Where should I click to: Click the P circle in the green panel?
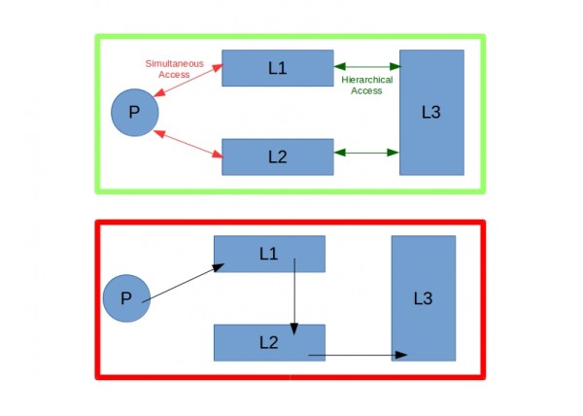pyautogui.click(x=134, y=112)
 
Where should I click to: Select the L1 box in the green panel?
pyautogui.click(x=278, y=68)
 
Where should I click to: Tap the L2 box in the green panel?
pyautogui.click(x=278, y=156)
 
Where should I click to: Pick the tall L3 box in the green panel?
pyautogui.click(x=431, y=112)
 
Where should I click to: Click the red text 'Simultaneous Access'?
pyautogui.click(x=175, y=68)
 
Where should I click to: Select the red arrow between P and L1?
pyautogui.click(x=189, y=82)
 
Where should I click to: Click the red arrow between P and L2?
pyautogui.click(x=189, y=143)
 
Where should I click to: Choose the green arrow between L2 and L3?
pyautogui.click(x=366, y=153)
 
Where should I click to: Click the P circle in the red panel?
pyautogui.click(x=126, y=298)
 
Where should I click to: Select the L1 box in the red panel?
pyautogui.click(x=269, y=254)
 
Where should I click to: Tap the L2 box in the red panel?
pyautogui.click(x=269, y=342)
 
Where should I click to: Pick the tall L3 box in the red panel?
pyautogui.click(x=423, y=298)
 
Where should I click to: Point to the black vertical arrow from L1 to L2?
pyautogui.click(x=294, y=296)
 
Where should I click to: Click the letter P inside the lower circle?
pyautogui.click(x=126, y=298)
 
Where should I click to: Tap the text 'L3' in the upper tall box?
pyautogui.click(x=431, y=112)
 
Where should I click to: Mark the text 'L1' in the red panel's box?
pyautogui.click(x=269, y=254)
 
